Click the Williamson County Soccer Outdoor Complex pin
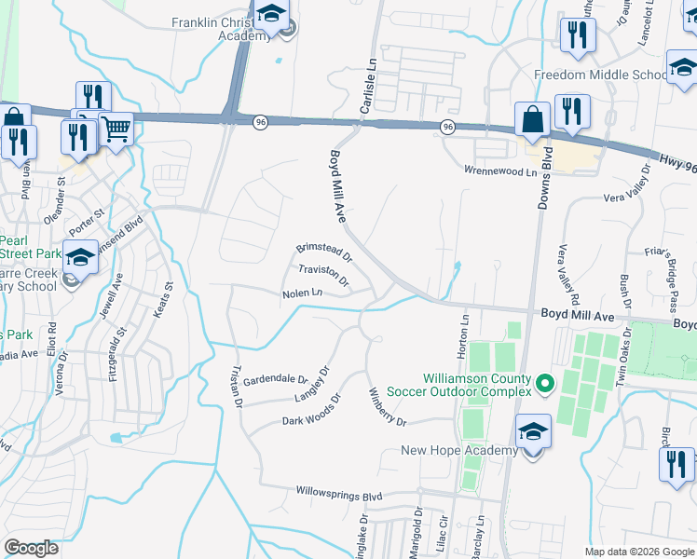545,383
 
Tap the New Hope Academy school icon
532,430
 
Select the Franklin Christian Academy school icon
271,15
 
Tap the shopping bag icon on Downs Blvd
532,119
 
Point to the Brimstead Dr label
324,251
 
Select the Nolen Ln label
303,294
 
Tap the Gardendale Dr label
275,381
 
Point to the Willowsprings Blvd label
340,491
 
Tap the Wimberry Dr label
388,407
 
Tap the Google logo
31,548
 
